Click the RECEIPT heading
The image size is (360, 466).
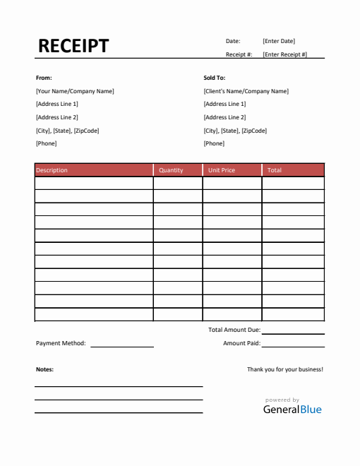coord(73,47)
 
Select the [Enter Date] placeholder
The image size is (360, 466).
coord(279,41)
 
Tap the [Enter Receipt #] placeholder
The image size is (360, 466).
coord(284,54)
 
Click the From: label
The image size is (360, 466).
coord(44,78)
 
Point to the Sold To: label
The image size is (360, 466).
coord(215,78)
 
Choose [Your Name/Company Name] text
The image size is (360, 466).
coord(75,91)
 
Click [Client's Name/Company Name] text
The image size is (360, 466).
coord(246,91)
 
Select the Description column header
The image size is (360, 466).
coord(52,170)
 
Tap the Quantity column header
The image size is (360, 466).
coord(171,170)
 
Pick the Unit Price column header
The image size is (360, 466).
coord(222,170)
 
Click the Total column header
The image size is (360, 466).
coord(275,170)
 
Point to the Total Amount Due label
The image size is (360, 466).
coord(234,330)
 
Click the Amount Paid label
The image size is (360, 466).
coord(241,343)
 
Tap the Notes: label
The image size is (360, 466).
coord(44,369)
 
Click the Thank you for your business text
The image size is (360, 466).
coord(285,369)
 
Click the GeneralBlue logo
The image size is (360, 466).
coord(292,409)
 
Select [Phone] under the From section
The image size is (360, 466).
coord(46,143)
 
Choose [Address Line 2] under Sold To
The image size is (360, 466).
coord(224,117)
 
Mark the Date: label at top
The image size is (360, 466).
coord(233,41)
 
